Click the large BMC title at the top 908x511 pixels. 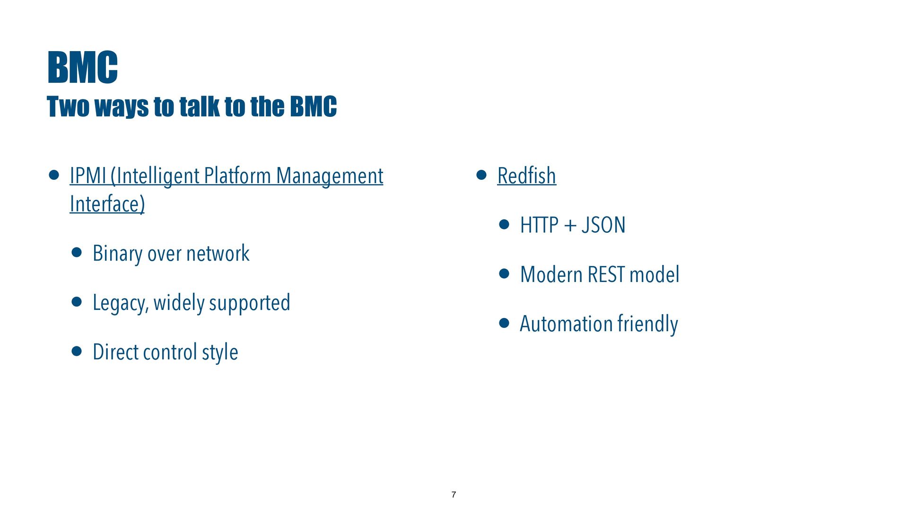tap(82, 68)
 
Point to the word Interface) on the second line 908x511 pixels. tap(107, 204)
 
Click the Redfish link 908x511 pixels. tap(527, 176)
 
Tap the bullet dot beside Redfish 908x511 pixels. tap(481, 175)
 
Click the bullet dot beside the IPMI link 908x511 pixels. tap(54, 175)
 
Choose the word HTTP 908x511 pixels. tap(540, 225)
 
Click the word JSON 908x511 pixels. tap(603, 225)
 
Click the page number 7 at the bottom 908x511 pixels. tap(454, 494)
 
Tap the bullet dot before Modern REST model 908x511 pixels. tap(504, 273)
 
